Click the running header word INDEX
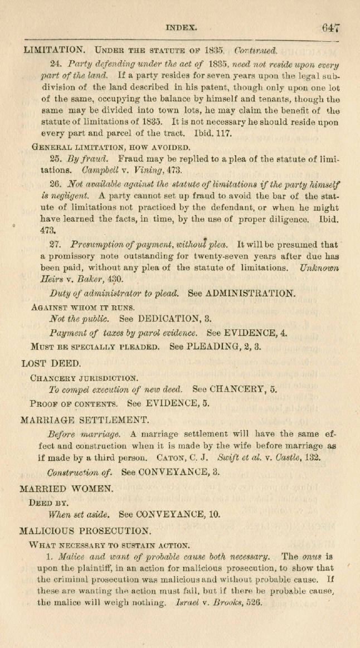tap(181, 26)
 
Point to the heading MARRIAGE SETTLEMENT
tap(84, 420)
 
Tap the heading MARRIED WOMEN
tap(66, 489)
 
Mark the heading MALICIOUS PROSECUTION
tap(85, 531)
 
